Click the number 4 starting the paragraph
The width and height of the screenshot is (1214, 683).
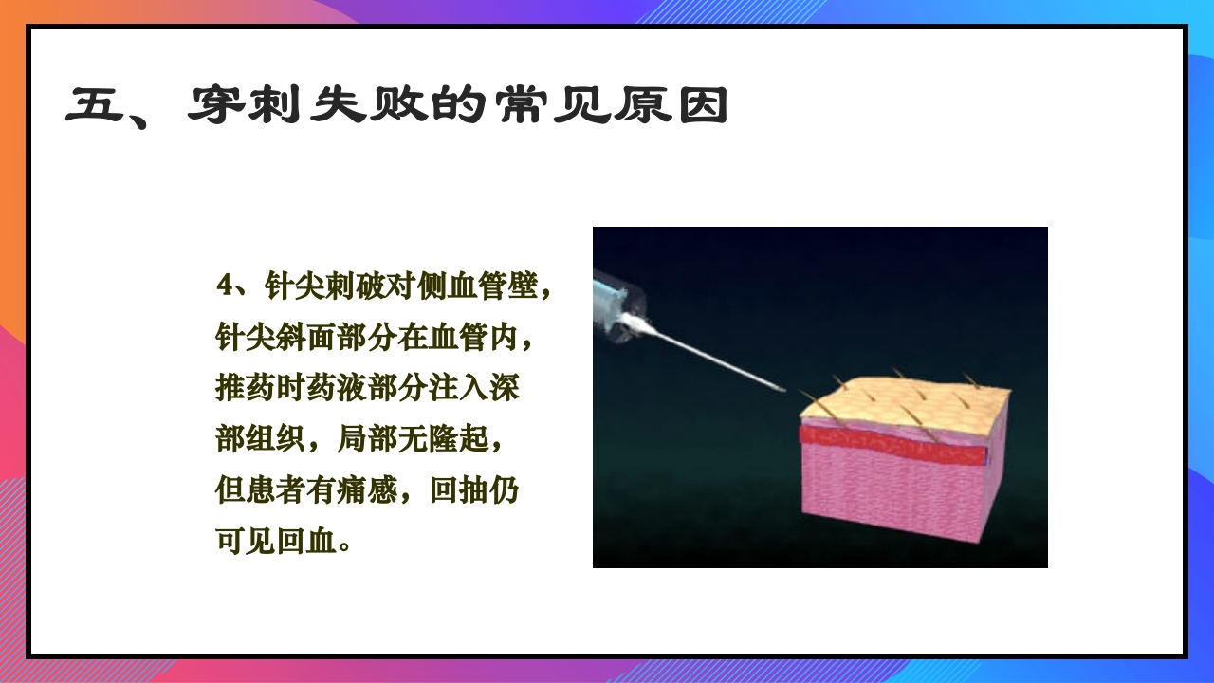tap(224, 285)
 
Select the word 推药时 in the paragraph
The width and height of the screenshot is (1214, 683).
tap(262, 389)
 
